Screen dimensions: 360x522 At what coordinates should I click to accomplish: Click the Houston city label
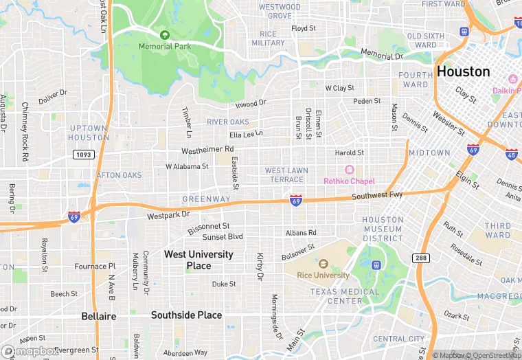tap(464, 72)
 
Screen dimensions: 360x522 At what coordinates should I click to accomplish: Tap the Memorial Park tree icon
tap(163, 34)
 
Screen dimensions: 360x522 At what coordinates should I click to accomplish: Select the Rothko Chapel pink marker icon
tap(349, 170)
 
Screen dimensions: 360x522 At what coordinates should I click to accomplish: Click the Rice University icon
tap(323, 264)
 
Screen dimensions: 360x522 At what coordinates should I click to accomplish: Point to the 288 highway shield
tap(421, 258)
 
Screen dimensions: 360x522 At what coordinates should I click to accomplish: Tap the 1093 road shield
tap(83, 155)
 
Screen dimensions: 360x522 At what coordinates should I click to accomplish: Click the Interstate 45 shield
tap(512, 153)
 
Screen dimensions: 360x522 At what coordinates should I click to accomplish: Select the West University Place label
tap(198, 260)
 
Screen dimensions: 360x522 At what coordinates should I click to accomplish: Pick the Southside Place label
tap(186, 315)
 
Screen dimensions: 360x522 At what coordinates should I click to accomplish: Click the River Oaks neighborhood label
tap(227, 122)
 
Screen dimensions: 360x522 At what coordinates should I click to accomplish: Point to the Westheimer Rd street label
tap(207, 149)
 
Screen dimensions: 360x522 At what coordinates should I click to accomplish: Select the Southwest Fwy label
tap(377, 196)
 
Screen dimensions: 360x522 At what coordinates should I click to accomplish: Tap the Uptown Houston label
tap(88, 133)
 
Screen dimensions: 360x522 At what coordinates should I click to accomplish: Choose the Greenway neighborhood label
tap(206, 199)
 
